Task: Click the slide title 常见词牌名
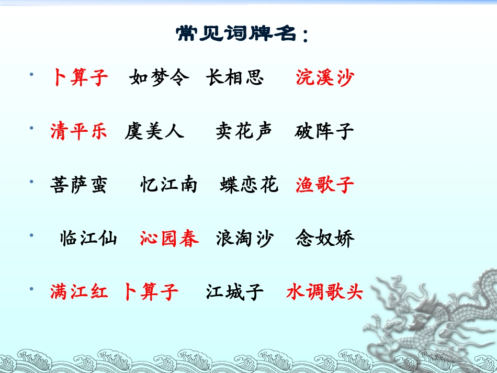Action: coord(242,35)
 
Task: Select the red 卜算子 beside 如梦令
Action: coord(80,78)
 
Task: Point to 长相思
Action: coord(234,78)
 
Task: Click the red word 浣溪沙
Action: coord(324,78)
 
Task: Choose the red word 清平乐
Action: coord(78,131)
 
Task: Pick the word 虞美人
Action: coord(154,131)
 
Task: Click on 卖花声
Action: coord(244,131)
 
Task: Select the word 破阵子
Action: coord(324,131)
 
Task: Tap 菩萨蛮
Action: coord(78,185)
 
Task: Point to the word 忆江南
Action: coord(168,185)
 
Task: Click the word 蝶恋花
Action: coord(249,185)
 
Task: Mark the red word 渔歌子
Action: coord(324,185)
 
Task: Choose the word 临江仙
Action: coord(88,239)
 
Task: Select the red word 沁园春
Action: coord(169,239)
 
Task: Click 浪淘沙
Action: coord(244,239)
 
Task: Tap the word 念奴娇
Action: coord(324,239)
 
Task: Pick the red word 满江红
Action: coord(78,291)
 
